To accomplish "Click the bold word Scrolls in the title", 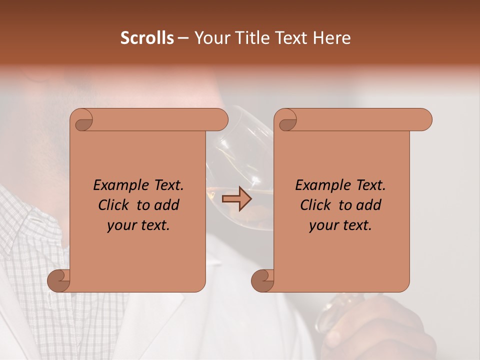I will point(147,38).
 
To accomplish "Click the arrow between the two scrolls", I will point(236,199).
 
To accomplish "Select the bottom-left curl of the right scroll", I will point(263,280).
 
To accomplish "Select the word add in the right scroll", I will point(370,205).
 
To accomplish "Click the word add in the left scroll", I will point(168,205).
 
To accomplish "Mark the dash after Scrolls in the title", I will point(183,38).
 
